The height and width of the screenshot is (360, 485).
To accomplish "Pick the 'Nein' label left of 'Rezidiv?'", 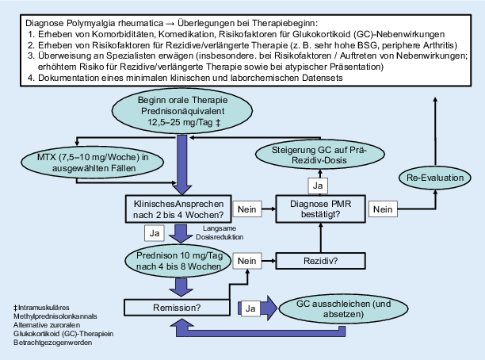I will pyautogui.click(x=247, y=259).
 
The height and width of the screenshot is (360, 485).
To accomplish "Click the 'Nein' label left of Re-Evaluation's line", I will pyautogui.click(x=384, y=209).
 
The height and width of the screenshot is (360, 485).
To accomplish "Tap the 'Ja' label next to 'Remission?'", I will pyautogui.click(x=250, y=306).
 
